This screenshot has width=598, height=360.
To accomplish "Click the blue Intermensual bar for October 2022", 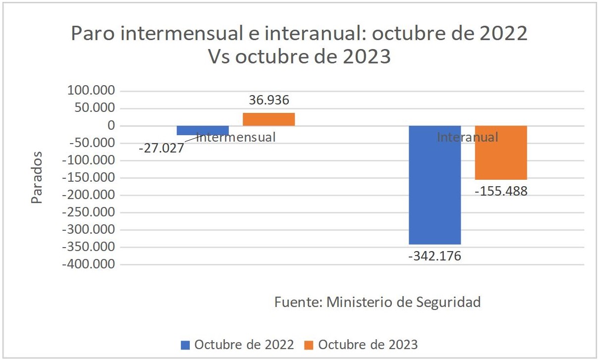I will tap(203, 130).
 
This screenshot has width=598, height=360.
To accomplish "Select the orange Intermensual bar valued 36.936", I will tap(269, 119).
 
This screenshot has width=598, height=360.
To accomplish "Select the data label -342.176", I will tap(435, 256).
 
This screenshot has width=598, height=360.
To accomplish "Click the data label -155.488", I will tap(501, 191).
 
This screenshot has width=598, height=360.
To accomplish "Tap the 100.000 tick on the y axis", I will tap(94, 91).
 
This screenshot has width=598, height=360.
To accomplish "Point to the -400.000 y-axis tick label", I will tap(91, 264).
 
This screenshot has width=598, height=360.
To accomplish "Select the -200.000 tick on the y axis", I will tap(91, 195).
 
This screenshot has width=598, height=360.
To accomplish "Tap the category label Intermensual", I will tap(236, 137).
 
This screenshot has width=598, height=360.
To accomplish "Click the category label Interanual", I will tap(467, 137).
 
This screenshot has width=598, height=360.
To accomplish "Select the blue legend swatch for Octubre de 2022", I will tap(186, 344).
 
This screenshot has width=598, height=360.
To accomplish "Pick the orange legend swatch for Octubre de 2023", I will tap(309, 344).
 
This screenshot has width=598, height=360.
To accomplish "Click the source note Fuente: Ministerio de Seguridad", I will tap(378, 302).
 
